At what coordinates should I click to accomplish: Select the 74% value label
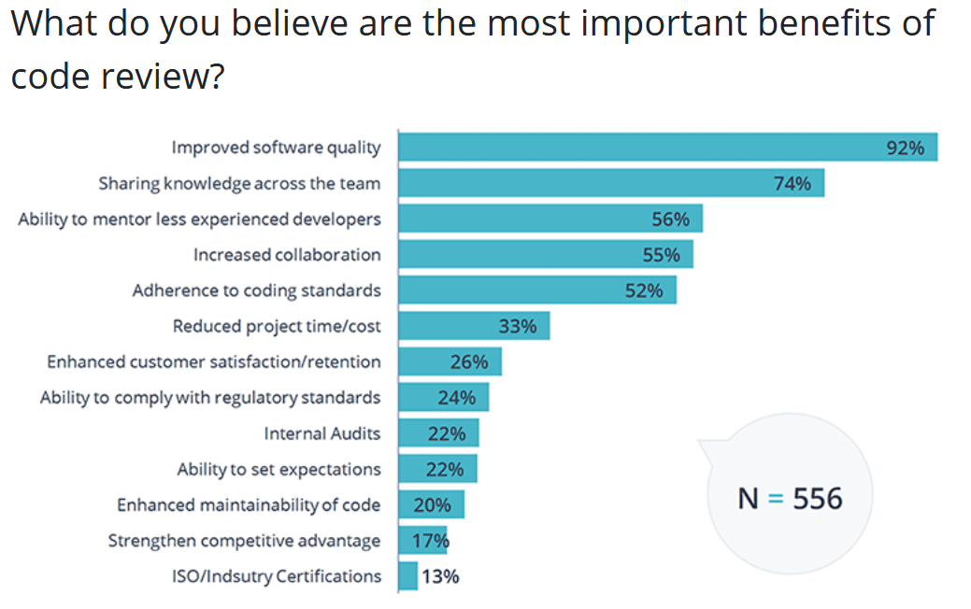tap(793, 183)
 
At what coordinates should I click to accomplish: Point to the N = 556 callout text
tap(790, 498)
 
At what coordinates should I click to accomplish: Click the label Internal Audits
tap(322, 433)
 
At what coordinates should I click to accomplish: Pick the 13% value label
tap(440, 576)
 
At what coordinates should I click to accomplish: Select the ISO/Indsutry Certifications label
tap(277, 576)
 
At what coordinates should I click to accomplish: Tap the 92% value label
tap(905, 148)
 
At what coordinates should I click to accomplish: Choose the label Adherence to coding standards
tap(256, 290)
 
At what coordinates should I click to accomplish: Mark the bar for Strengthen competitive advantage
tap(422, 540)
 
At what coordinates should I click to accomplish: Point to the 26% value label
tap(469, 361)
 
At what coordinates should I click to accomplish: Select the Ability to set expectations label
tap(278, 469)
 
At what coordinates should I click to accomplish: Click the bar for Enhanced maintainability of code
tap(431, 504)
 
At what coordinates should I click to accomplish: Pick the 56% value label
tap(670, 220)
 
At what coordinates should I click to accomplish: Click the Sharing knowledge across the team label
tap(239, 183)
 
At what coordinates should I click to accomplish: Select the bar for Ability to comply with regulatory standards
tap(443, 397)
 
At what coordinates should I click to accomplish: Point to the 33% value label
tap(518, 326)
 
